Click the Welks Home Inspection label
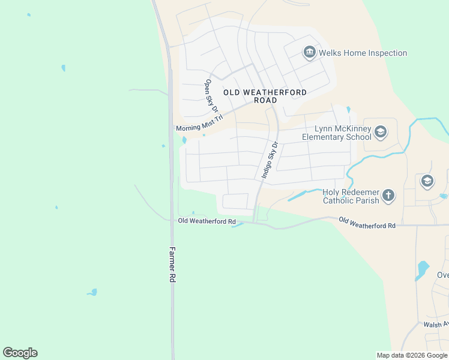point(363,53)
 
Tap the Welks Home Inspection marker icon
point(310,53)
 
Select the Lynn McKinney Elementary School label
point(336,133)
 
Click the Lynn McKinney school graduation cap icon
point(380,131)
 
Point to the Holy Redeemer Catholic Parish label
point(351,196)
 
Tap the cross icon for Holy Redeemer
point(389,195)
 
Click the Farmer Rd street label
point(172,265)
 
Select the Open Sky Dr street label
point(211,95)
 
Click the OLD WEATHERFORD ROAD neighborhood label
point(265,96)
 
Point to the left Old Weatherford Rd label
point(206,221)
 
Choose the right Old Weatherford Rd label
point(367,222)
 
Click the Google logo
point(20,353)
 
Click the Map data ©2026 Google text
point(412,355)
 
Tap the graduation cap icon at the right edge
point(427,181)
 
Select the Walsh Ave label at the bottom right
point(436,325)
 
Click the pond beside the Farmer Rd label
point(92,292)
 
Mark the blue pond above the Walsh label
point(422,268)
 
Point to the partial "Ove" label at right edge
point(442,275)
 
